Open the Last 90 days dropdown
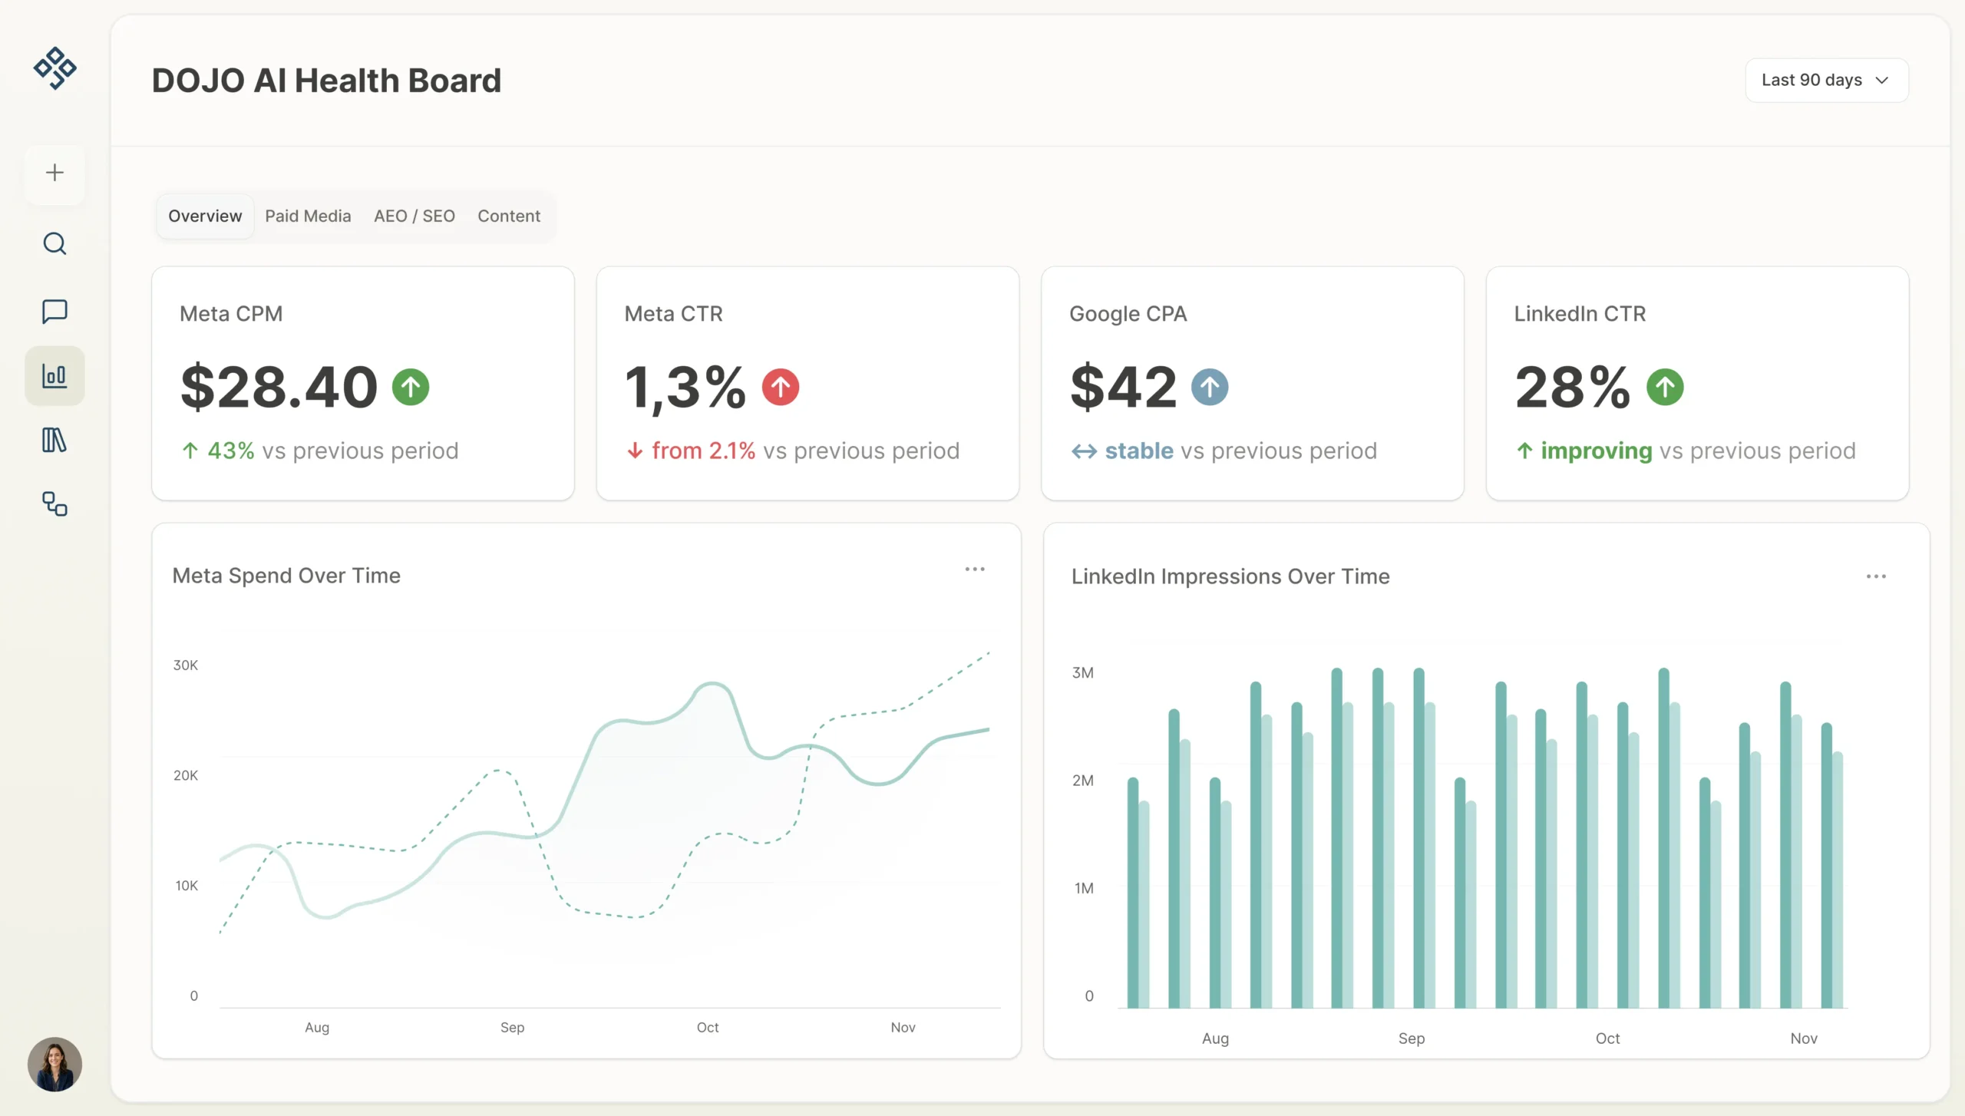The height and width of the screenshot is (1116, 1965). [1826, 80]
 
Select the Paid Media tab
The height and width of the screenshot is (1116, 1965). [308, 216]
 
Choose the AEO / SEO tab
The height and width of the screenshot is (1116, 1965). [414, 216]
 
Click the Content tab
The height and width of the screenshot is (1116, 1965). [509, 216]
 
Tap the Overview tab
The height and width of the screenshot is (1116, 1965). [205, 216]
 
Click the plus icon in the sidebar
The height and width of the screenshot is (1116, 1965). [54, 173]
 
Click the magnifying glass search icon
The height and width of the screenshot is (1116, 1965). [54, 244]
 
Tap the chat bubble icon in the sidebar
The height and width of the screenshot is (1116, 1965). [54, 311]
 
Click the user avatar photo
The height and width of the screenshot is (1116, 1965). [54, 1064]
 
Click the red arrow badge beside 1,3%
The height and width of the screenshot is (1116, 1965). [780, 387]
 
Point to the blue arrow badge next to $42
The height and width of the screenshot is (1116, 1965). [1209, 387]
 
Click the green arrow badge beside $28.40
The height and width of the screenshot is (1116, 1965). [411, 387]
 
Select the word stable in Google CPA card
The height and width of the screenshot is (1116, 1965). [1138, 451]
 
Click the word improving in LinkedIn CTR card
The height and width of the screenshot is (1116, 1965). [1596, 451]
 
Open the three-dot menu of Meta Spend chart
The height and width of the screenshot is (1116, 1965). [974, 569]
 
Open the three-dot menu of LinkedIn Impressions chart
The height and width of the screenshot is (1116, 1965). [1875, 576]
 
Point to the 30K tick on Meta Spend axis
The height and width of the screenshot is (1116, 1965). [186, 665]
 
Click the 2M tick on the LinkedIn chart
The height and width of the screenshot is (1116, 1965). [1082, 780]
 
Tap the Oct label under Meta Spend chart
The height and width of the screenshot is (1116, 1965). [707, 1027]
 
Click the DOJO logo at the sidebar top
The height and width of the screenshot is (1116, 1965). [54, 68]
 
